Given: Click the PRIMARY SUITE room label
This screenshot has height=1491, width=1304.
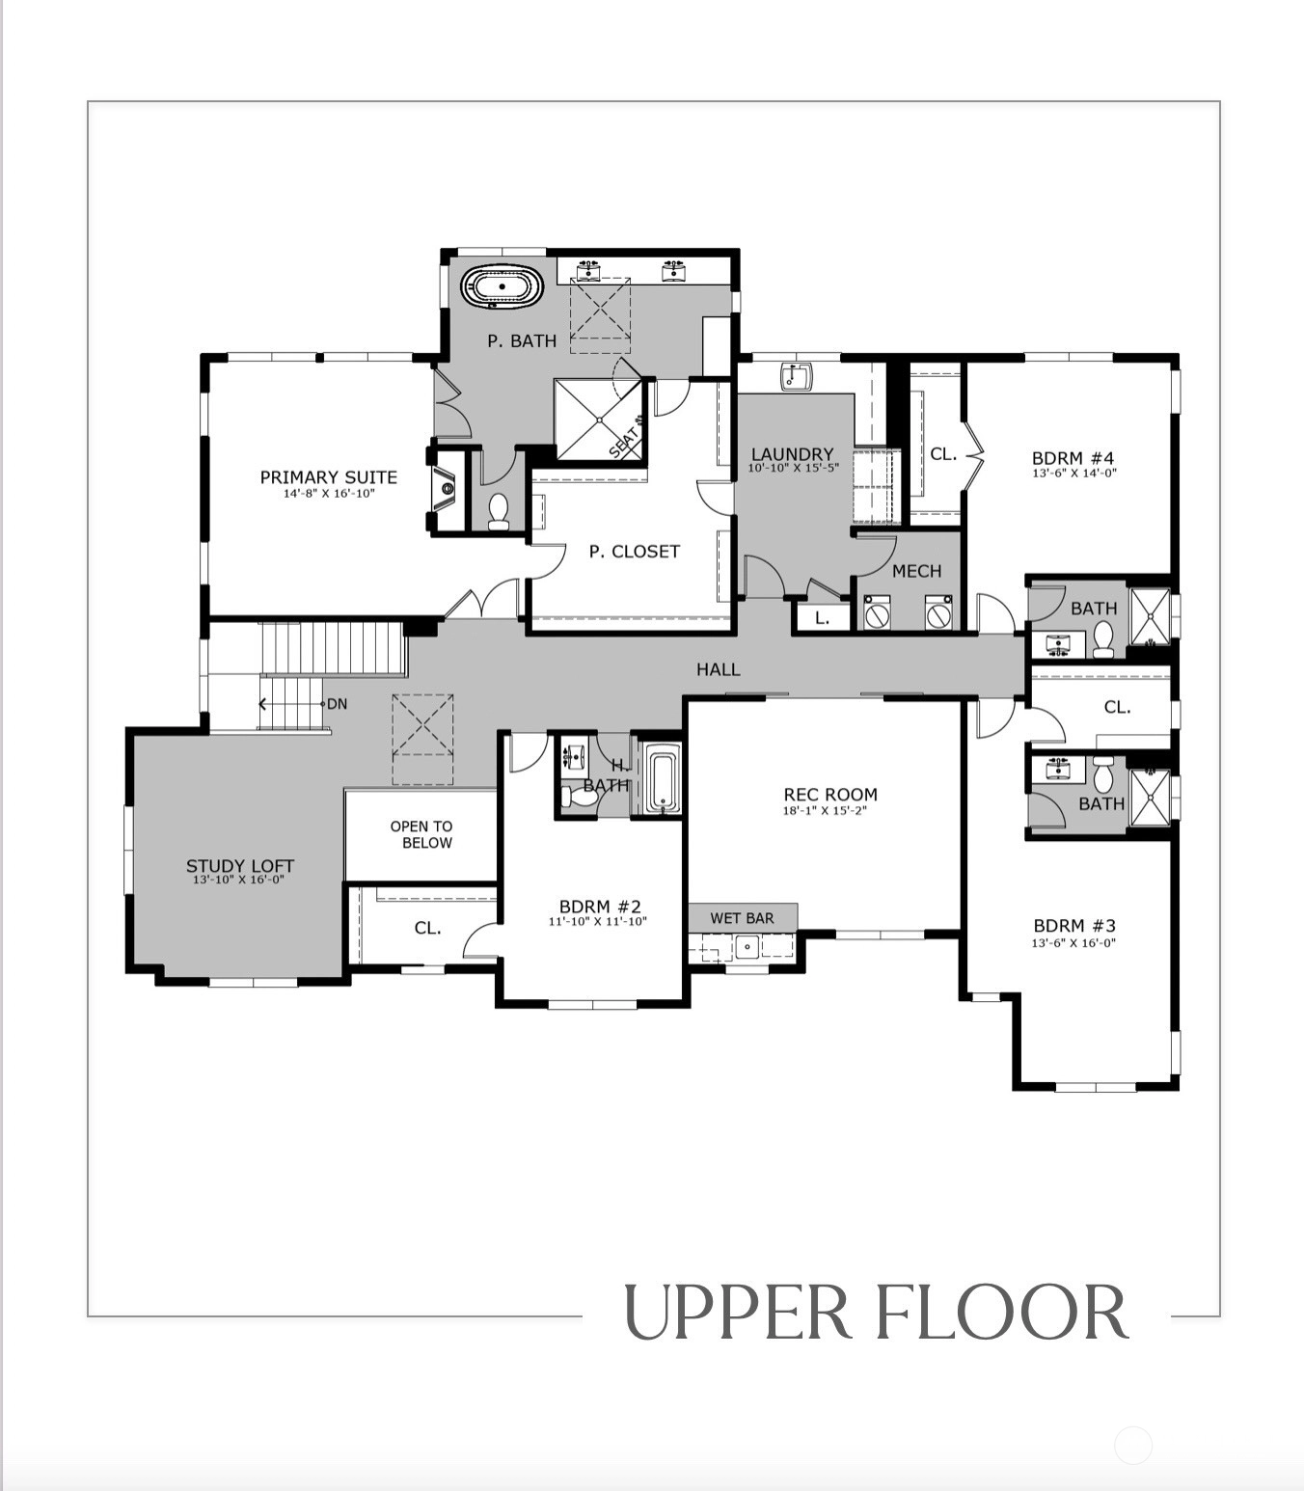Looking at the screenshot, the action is coord(329,477).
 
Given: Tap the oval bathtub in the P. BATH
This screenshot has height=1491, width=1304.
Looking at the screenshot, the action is coord(503,287).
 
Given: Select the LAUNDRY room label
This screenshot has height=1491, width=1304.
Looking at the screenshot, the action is coord(793,455).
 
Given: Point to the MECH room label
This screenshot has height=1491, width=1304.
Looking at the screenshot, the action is coord(916,571).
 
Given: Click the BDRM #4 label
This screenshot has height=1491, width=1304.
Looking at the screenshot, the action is coord(1073,458).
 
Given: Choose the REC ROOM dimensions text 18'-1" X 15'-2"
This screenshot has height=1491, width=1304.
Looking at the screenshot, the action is coord(825,810).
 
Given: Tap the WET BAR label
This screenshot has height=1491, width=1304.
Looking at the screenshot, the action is coord(743,918).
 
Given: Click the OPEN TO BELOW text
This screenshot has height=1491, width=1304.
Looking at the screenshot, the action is coord(421,834).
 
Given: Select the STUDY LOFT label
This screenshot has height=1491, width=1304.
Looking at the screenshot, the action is coord(239,866).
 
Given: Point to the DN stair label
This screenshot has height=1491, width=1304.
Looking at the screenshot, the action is coord(337,704).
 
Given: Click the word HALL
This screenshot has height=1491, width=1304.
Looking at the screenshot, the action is coord(719,669).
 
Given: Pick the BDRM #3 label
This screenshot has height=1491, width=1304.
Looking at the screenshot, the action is coord(1074,926).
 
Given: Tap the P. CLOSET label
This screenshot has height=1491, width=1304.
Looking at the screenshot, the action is coord(635,552).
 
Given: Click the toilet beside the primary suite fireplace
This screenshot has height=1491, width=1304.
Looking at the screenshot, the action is coord(499,511).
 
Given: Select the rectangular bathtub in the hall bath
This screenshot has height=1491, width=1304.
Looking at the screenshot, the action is coord(663,783).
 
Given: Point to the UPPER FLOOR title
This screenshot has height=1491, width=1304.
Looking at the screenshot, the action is coord(877,1314).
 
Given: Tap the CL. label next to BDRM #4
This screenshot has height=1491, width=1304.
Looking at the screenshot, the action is coord(943,454).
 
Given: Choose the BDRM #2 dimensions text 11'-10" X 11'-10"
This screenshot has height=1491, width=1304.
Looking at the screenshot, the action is coord(597,922).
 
